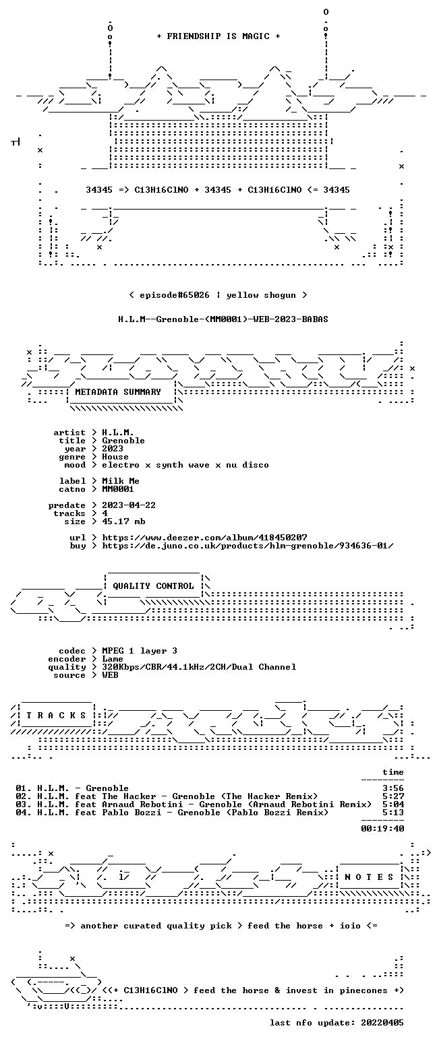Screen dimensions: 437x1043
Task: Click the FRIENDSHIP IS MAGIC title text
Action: click(x=218, y=36)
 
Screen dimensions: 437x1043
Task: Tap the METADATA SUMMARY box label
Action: click(x=118, y=392)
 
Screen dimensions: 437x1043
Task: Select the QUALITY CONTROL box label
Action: click(x=153, y=586)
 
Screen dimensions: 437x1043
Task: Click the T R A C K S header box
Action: click(x=57, y=715)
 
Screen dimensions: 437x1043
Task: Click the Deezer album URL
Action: click(x=204, y=538)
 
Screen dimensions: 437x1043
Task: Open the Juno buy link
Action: click(x=248, y=546)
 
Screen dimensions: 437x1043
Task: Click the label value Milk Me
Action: click(x=121, y=481)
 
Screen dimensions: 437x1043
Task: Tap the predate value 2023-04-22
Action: click(x=129, y=505)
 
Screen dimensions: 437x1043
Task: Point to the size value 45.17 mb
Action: click(x=123, y=521)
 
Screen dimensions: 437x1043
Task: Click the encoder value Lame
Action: click(x=113, y=659)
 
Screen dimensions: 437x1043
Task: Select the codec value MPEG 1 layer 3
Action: click(x=140, y=651)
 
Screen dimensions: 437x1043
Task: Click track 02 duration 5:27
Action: click(x=393, y=796)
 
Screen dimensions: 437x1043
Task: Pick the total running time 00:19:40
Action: click(x=382, y=828)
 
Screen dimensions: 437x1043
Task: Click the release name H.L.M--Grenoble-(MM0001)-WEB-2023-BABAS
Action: click(x=223, y=319)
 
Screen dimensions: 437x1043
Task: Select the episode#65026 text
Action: click(x=175, y=295)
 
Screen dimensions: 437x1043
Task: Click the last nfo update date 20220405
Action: click(x=382, y=1023)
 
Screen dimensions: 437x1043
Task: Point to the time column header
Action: click(x=393, y=772)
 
